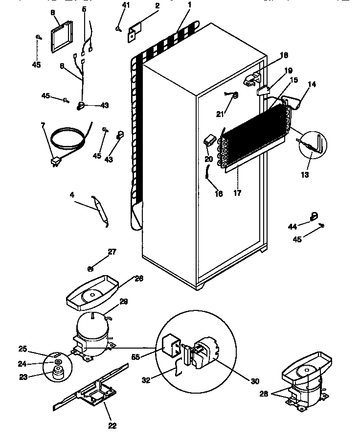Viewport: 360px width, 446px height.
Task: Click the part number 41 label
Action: pyautogui.click(x=126, y=5)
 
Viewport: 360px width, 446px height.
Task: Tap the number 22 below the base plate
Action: pyautogui.click(x=112, y=425)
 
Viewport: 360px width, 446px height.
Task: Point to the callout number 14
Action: pyautogui.click(x=312, y=84)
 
